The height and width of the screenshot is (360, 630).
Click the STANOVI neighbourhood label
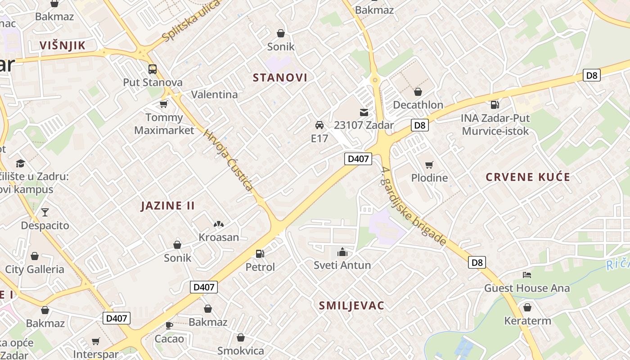coord(280,77)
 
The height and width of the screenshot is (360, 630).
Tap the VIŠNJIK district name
coord(62,45)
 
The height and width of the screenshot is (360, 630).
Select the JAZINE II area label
coord(167,206)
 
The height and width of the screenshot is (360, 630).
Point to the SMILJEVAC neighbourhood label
coord(351,306)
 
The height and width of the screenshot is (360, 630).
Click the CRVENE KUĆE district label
coord(528,177)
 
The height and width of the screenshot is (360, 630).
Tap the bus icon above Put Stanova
coord(153,69)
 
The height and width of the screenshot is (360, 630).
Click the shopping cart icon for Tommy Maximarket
coord(164,104)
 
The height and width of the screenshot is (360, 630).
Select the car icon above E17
coord(319,125)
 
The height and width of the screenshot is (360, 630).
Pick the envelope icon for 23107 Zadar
coord(364,112)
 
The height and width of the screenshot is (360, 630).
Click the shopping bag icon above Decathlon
coord(418,92)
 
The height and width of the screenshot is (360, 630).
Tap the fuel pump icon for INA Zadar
coord(495,105)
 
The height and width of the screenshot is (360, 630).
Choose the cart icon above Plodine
coord(429,165)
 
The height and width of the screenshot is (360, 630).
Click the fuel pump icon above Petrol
coord(260,254)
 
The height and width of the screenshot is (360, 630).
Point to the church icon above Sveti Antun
coord(342,252)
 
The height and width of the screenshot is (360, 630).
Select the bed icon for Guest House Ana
coord(527,274)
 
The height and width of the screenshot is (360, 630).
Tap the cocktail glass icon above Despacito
coord(45,212)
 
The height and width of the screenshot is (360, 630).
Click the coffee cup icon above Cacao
coord(169,325)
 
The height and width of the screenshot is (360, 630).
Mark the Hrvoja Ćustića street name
coord(228,160)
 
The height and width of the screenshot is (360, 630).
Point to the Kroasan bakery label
coord(219,237)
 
